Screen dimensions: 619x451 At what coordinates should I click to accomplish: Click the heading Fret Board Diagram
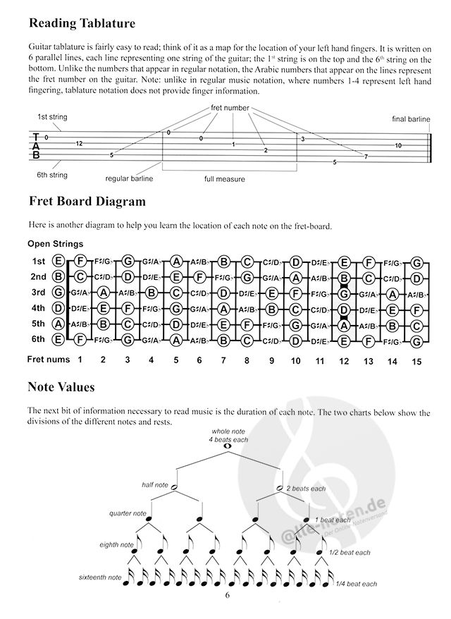tap(87, 202)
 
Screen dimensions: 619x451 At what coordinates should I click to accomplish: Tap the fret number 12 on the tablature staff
tap(79, 143)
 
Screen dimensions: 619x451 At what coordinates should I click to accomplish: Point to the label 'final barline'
tap(410, 120)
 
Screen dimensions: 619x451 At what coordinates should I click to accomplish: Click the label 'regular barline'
tap(130, 179)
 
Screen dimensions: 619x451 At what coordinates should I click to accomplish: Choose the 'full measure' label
tap(225, 179)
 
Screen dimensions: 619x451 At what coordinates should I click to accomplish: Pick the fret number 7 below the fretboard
tap(223, 360)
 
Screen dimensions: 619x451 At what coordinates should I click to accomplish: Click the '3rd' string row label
tap(39, 292)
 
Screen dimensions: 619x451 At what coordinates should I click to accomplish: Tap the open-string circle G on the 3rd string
tap(58, 292)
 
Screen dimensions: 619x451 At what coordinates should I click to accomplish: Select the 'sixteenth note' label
tap(99, 577)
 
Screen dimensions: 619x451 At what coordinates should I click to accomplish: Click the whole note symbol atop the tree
tap(226, 446)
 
